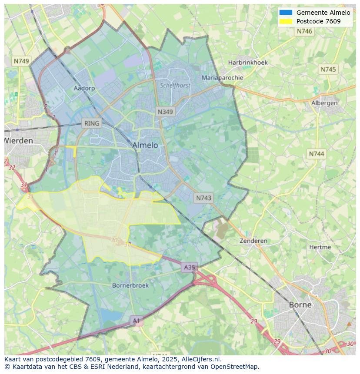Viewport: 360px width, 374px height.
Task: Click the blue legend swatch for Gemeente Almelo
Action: tap(286, 13)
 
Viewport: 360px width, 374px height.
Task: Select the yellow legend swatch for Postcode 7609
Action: tap(286, 21)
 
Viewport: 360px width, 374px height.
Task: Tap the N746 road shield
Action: tap(304, 31)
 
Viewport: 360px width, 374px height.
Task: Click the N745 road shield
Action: tap(328, 70)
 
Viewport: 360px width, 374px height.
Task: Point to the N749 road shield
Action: tap(21, 61)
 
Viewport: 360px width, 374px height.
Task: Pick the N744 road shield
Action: tap(317, 154)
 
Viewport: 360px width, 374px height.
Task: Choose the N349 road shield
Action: tap(165, 112)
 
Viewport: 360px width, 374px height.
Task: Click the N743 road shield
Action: tap(203, 198)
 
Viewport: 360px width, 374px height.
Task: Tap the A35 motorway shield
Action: tap(190, 268)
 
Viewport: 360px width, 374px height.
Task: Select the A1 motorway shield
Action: tap(137, 321)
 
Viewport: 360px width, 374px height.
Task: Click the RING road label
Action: tap(92, 123)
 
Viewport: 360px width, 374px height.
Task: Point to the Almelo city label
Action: tap(145, 145)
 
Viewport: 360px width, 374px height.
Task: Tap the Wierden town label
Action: tap(19, 141)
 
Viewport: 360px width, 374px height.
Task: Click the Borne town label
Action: tap(300, 304)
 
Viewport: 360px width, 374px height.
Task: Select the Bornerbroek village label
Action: tap(130, 285)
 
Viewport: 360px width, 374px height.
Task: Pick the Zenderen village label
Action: tap(253, 241)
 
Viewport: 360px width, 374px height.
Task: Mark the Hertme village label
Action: tap(320, 247)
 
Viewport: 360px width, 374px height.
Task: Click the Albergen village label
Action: tap(324, 103)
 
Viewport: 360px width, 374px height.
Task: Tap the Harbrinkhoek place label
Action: tap(248, 63)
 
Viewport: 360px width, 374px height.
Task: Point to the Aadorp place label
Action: tap(84, 88)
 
